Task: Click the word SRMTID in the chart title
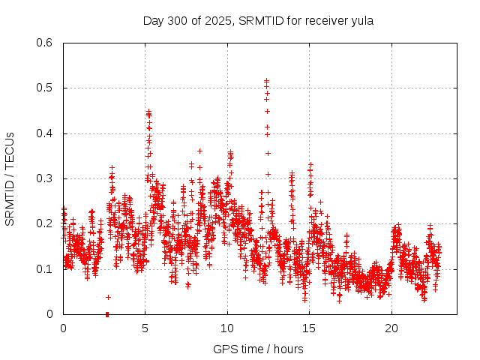pos(259,20)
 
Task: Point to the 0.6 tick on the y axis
pos(45,43)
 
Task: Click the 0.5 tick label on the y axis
pos(45,88)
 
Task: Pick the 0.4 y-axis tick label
pos(45,133)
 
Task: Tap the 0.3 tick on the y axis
pos(45,178)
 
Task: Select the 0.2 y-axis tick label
pos(45,223)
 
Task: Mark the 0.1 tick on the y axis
pos(45,268)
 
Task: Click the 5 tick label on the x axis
pos(145,328)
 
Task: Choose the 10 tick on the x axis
pos(226,328)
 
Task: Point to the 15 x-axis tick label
pos(309,328)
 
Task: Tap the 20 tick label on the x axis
pos(391,328)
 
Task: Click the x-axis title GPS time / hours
pos(258,349)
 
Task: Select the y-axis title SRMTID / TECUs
pos(10,178)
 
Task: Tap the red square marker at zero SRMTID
pos(107,313)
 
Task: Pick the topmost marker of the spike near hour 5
pos(148,112)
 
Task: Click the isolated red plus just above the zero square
pos(108,297)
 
